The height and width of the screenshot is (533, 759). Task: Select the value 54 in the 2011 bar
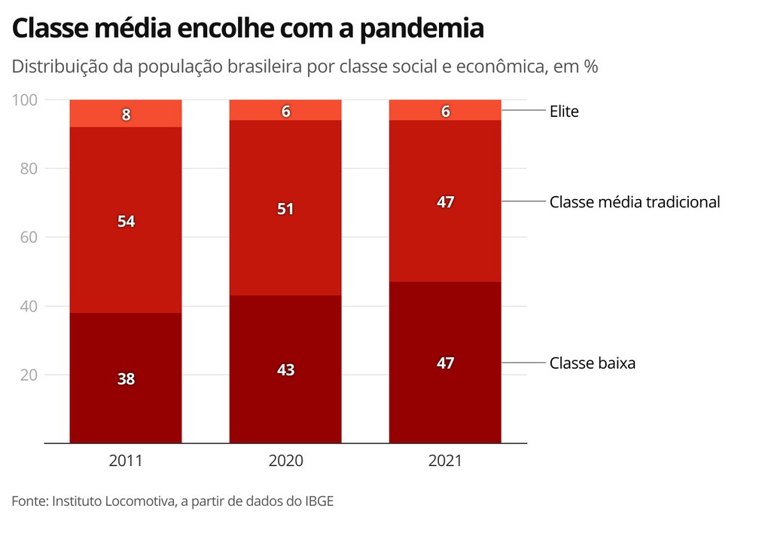click(x=126, y=222)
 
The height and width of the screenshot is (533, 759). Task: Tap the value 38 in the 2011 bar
click(x=126, y=379)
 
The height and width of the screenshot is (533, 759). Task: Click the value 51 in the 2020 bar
click(x=285, y=209)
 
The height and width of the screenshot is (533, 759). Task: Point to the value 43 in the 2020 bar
click(x=285, y=370)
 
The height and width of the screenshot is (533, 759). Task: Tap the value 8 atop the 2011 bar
click(x=126, y=115)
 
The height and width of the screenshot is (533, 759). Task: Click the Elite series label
click(x=564, y=112)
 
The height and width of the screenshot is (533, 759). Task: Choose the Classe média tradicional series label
click(x=635, y=202)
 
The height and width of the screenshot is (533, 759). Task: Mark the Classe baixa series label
click(x=593, y=363)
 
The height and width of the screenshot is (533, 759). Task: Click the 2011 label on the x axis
click(x=126, y=461)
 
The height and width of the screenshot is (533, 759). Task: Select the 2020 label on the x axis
click(x=285, y=461)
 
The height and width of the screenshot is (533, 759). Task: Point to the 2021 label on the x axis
click(x=445, y=461)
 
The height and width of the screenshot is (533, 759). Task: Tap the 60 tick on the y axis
click(x=29, y=237)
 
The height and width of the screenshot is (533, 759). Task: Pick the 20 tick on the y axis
click(x=29, y=375)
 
